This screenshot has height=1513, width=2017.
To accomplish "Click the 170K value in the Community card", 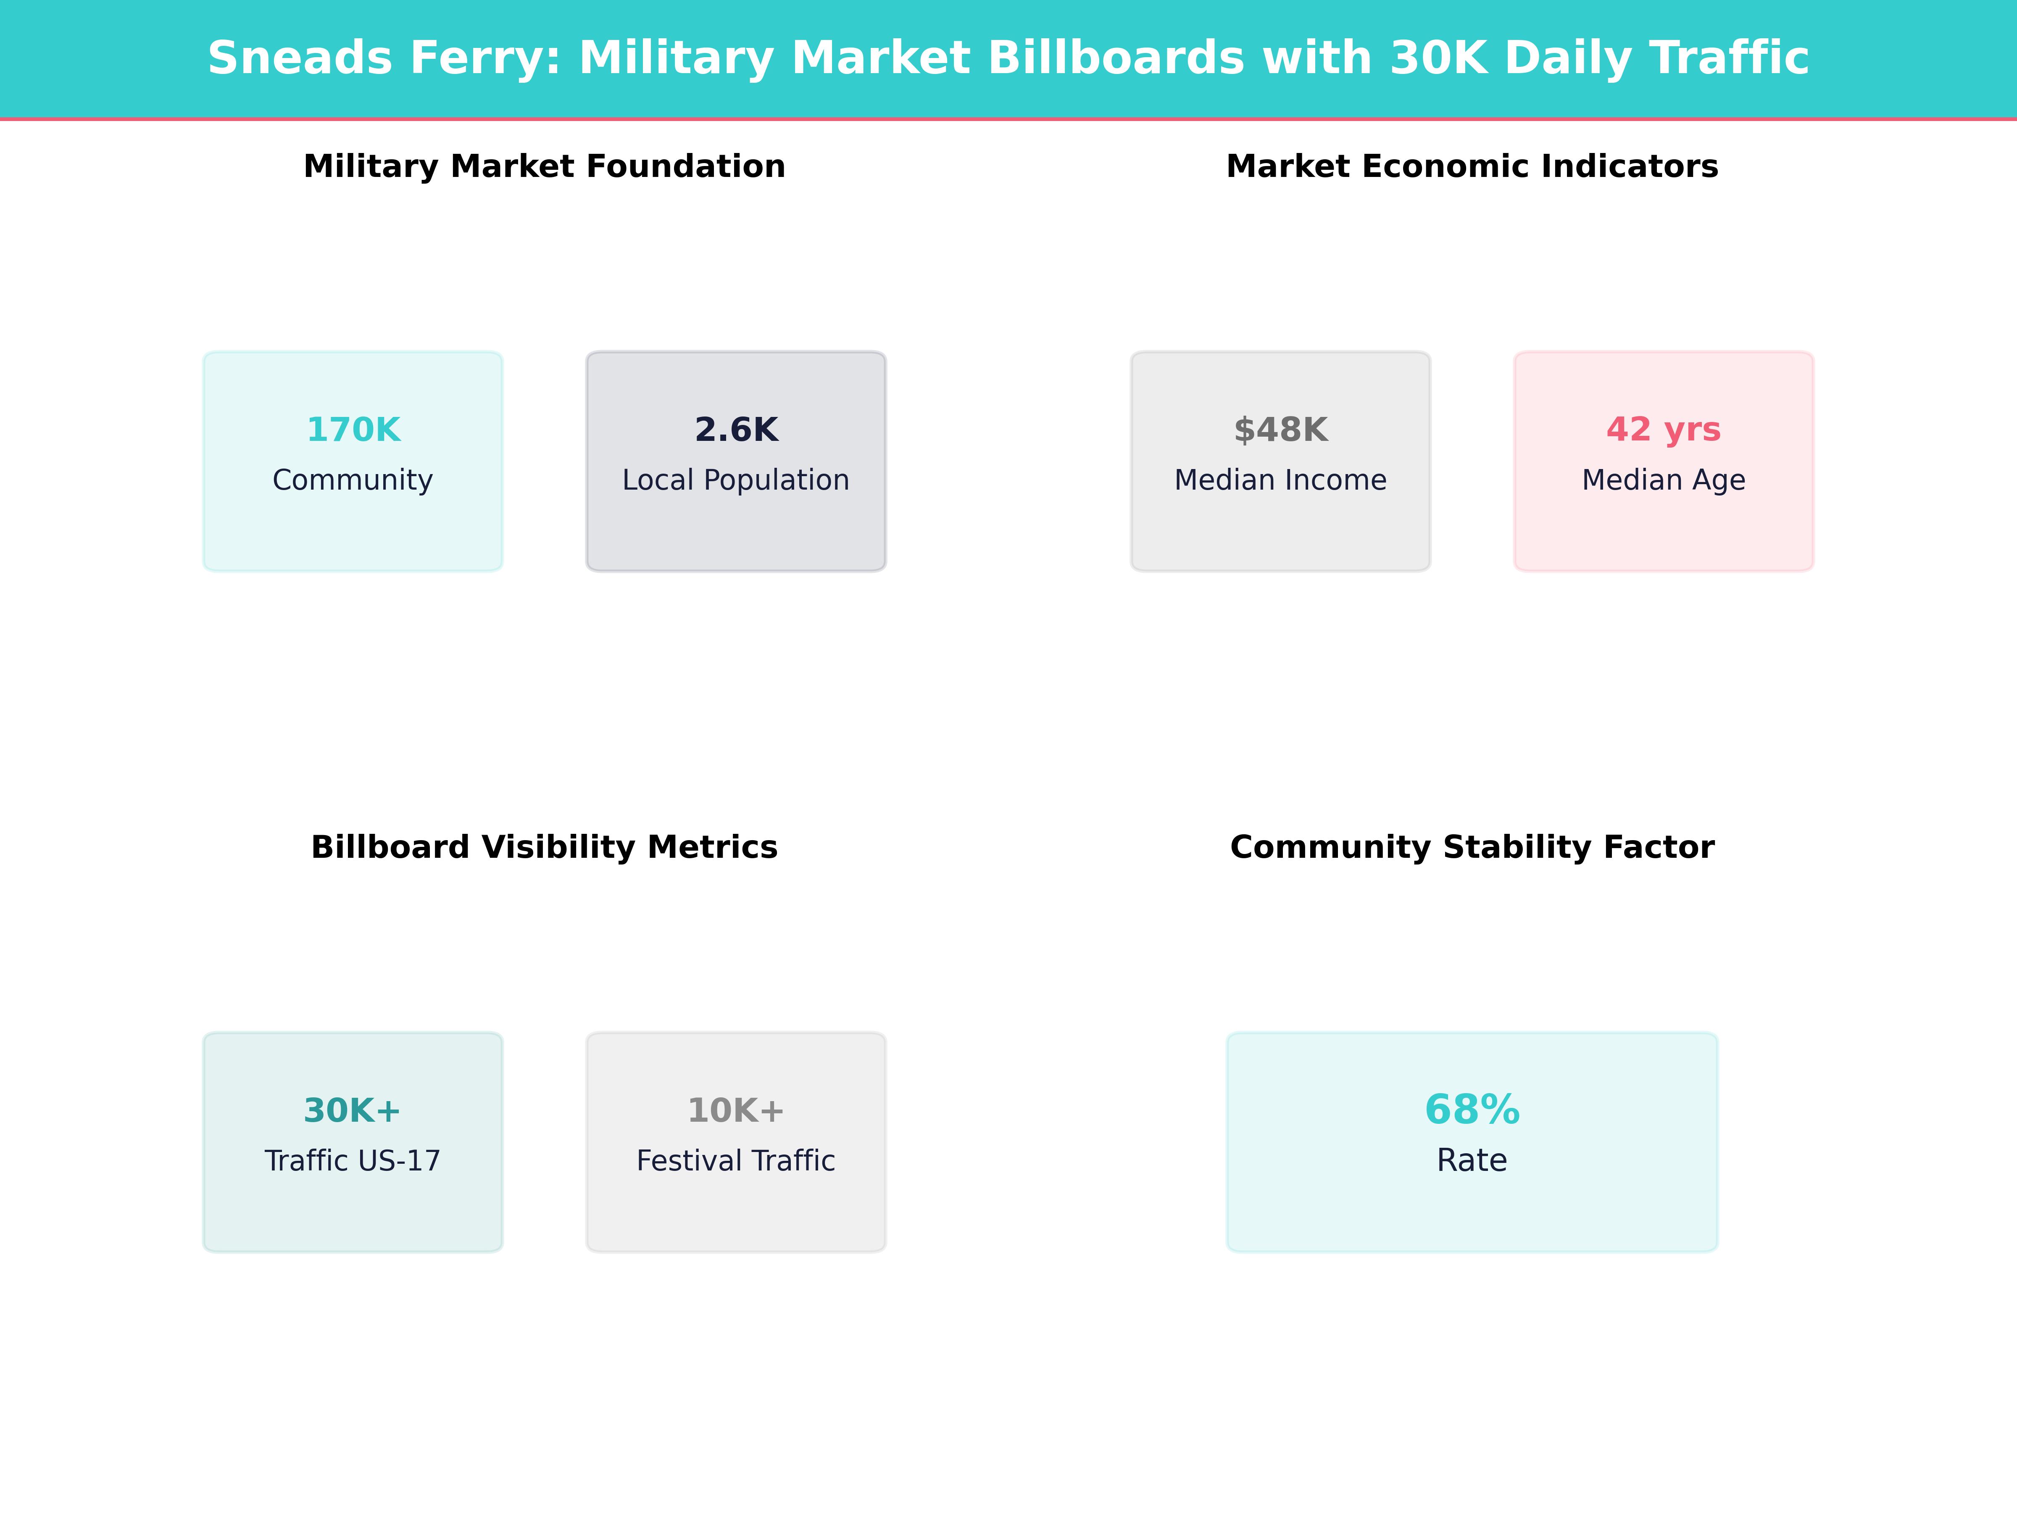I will (x=353, y=430).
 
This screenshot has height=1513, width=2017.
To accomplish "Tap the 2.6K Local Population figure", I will (x=736, y=430).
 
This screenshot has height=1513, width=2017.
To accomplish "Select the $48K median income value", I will (x=1280, y=430).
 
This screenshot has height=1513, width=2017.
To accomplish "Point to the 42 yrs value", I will (x=1663, y=430).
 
